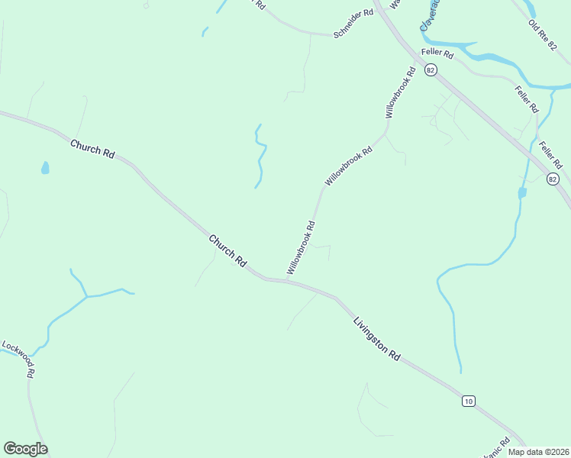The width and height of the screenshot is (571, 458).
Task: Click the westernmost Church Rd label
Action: [92, 148]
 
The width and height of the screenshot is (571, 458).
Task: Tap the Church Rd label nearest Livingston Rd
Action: [228, 250]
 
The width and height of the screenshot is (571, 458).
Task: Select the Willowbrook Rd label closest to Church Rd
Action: [301, 248]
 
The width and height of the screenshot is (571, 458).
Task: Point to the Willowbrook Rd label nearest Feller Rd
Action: [401, 92]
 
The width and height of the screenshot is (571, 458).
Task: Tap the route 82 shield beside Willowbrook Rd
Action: [432, 70]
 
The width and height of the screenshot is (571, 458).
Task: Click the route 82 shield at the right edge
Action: [553, 179]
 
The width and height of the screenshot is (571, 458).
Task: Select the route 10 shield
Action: [469, 401]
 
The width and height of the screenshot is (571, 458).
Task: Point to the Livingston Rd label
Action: [376, 340]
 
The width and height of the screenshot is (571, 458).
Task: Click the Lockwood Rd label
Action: [18, 360]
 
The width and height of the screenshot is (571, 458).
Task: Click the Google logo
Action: [25, 448]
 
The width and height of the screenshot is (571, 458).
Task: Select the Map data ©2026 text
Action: [538, 452]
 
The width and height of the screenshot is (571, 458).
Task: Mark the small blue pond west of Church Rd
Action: [46, 167]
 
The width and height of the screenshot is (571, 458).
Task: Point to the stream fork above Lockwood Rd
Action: [86, 296]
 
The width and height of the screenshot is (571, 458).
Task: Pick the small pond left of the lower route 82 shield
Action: [522, 193]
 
